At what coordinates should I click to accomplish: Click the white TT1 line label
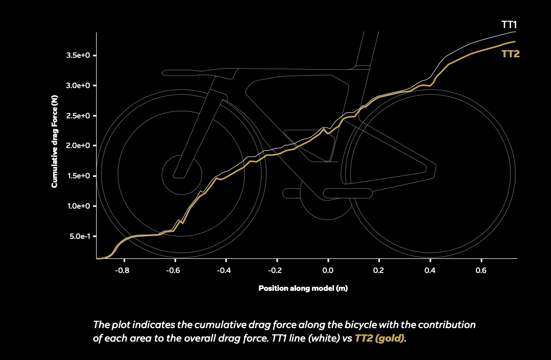509,25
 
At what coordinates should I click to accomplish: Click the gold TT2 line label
510,54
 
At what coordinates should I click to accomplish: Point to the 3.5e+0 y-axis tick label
78,55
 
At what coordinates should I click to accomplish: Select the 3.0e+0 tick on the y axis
78,85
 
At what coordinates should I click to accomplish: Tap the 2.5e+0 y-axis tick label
78,116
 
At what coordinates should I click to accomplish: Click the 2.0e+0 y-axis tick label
78,145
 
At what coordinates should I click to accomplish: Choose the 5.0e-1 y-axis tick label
80,236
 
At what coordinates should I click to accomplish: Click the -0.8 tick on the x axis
122,270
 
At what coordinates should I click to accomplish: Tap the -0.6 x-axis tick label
173,270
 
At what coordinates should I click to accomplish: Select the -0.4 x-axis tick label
224,270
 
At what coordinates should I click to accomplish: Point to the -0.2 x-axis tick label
275,270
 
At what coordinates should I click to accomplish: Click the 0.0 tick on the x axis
328,270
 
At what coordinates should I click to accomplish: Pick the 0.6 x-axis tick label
481,270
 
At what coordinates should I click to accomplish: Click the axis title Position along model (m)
303,288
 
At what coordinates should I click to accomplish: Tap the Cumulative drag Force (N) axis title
55,141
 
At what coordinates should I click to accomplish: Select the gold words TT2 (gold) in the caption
380,338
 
